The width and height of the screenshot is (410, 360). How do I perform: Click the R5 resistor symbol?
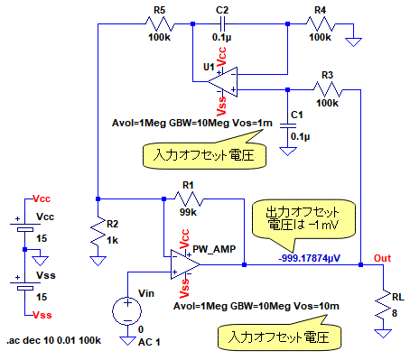coord(160,24)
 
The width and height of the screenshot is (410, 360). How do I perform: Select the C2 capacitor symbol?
coord(222,24)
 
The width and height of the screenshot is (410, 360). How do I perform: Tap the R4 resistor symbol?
coord(321,24)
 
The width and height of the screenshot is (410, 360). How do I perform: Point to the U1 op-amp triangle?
coord(222,82)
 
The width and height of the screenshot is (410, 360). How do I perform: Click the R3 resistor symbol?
coord(328,89)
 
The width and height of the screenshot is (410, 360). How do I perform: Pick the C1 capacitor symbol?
coord(288,125)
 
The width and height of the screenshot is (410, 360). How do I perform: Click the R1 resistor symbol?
coord(189,198)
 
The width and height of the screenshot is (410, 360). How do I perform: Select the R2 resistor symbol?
coord(98,231)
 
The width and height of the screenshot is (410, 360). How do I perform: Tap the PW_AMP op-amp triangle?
coord(185,264)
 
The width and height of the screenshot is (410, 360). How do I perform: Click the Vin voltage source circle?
coord(127,311)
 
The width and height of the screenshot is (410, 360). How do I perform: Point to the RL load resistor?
coord(383,305)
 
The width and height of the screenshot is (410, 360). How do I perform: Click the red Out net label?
coord(382,258)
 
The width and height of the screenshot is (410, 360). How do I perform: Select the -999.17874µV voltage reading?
coord(310,258)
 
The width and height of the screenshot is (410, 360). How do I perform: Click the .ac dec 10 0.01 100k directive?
coord(54,340)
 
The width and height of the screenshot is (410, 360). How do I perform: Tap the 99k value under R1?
coord(188,212)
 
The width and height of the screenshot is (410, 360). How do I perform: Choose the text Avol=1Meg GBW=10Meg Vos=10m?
coord(256,306)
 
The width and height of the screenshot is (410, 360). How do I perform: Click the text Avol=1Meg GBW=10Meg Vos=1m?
coord(192,123)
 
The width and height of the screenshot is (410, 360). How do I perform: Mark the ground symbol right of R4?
coord(353,42)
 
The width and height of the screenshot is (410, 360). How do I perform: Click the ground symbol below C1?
coord(288,151)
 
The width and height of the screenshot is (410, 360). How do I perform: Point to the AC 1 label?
coord(149,342)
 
